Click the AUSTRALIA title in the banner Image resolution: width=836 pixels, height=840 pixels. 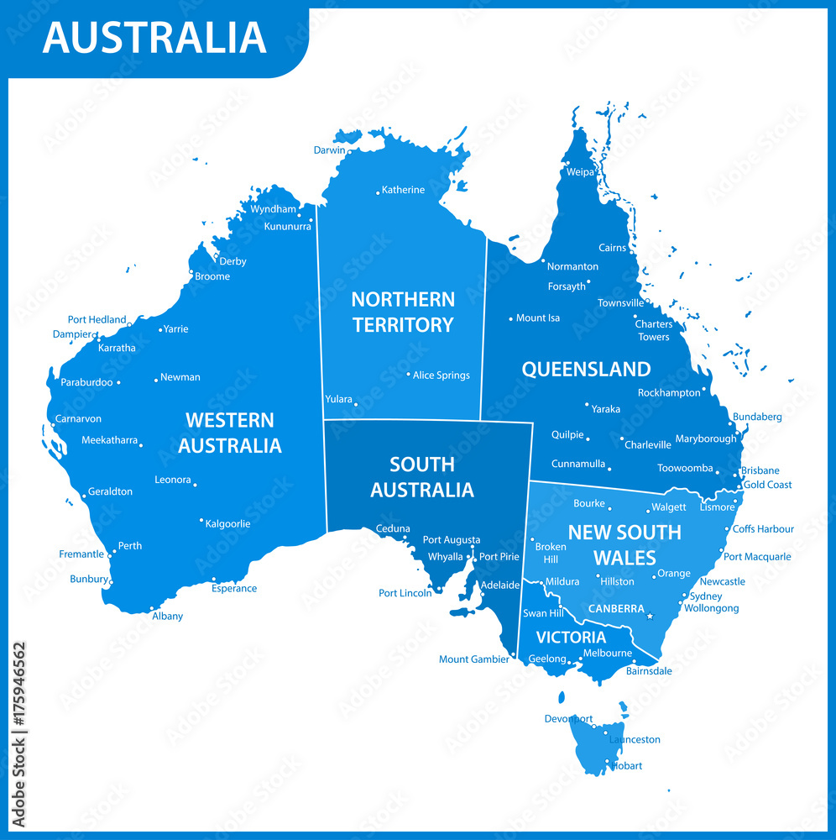point(154,38)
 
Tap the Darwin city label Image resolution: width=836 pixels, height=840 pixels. point(329,150)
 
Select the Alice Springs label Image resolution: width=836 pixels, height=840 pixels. point(441,375)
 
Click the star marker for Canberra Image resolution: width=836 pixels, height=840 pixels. point(650,617)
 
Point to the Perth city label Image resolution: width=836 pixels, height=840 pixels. point(129,546)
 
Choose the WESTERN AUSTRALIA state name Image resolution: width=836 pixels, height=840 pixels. point(229,433)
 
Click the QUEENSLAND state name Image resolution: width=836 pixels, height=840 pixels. point(586,370)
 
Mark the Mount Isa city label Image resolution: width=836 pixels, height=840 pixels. point(537,318)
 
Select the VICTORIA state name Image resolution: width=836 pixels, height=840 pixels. point(571,638)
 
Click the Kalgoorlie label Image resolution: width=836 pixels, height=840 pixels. point(227,524)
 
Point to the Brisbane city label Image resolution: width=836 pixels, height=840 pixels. point(760,471)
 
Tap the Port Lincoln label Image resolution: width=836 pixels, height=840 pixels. point(405,593)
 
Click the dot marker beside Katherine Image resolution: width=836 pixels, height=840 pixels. point(378,193)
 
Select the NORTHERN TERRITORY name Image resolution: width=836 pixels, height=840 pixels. point(403,312)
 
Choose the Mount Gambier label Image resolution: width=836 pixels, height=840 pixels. point(473,659)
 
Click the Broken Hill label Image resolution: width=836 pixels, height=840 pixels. point(551,553)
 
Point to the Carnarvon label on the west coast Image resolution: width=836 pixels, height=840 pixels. point(78,418)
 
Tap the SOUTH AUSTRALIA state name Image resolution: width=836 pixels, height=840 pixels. point(422,477)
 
